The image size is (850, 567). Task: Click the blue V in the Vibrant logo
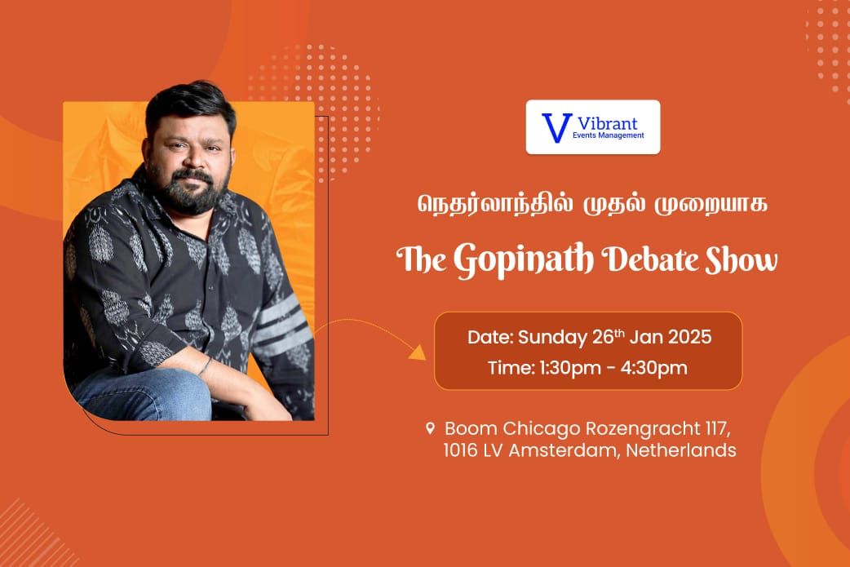[556, 127]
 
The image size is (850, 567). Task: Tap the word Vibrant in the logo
[607, 123]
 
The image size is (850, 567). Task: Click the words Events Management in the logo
[609, 135]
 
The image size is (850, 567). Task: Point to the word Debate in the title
[650, 259]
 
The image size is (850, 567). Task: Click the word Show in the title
[741, 259]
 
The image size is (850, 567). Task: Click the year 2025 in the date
[689, 337]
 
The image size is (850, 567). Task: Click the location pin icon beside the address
[430, 428]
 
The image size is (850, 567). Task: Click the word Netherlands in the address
[681, 450]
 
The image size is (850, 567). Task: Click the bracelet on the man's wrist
[205, 366]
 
